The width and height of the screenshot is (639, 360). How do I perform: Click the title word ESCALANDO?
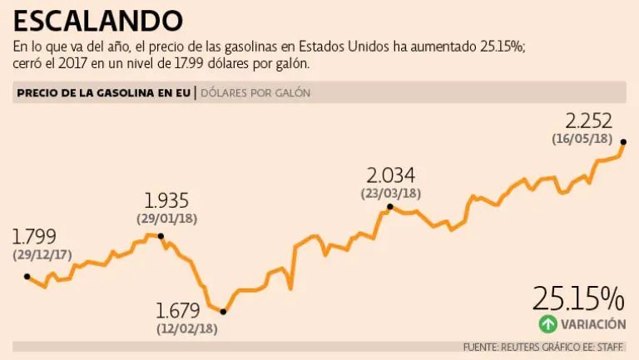click(x=98, y=20)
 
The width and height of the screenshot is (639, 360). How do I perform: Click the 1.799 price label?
click(x=29, y=238)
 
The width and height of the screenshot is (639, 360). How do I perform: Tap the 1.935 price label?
click(x=166, y=200)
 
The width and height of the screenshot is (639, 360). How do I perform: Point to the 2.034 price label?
click(x=390, y=175)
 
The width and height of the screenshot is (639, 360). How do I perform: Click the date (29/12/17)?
click(x=41, y=255)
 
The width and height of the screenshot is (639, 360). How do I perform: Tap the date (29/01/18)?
click(x=166, y=219)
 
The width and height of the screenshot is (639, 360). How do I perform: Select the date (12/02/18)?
click(x=186, y=328)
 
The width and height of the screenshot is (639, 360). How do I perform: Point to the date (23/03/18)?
click(x=391, y=193)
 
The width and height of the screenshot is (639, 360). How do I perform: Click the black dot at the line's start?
click(x=27, y=276)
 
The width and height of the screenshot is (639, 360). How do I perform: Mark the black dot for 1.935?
click(x=161, y=238)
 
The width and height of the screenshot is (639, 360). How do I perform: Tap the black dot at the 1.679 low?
click(x=222, y=312)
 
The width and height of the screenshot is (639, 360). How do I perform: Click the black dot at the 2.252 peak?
click(x=623, y=142)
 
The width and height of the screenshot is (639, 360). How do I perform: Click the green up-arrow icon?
click(x=547, y=324)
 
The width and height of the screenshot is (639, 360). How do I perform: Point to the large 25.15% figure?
click(x=578, y=297)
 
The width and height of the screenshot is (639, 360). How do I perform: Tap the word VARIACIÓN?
click(x=592, y=324)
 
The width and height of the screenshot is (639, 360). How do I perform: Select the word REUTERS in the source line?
click(x=523, y=346)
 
